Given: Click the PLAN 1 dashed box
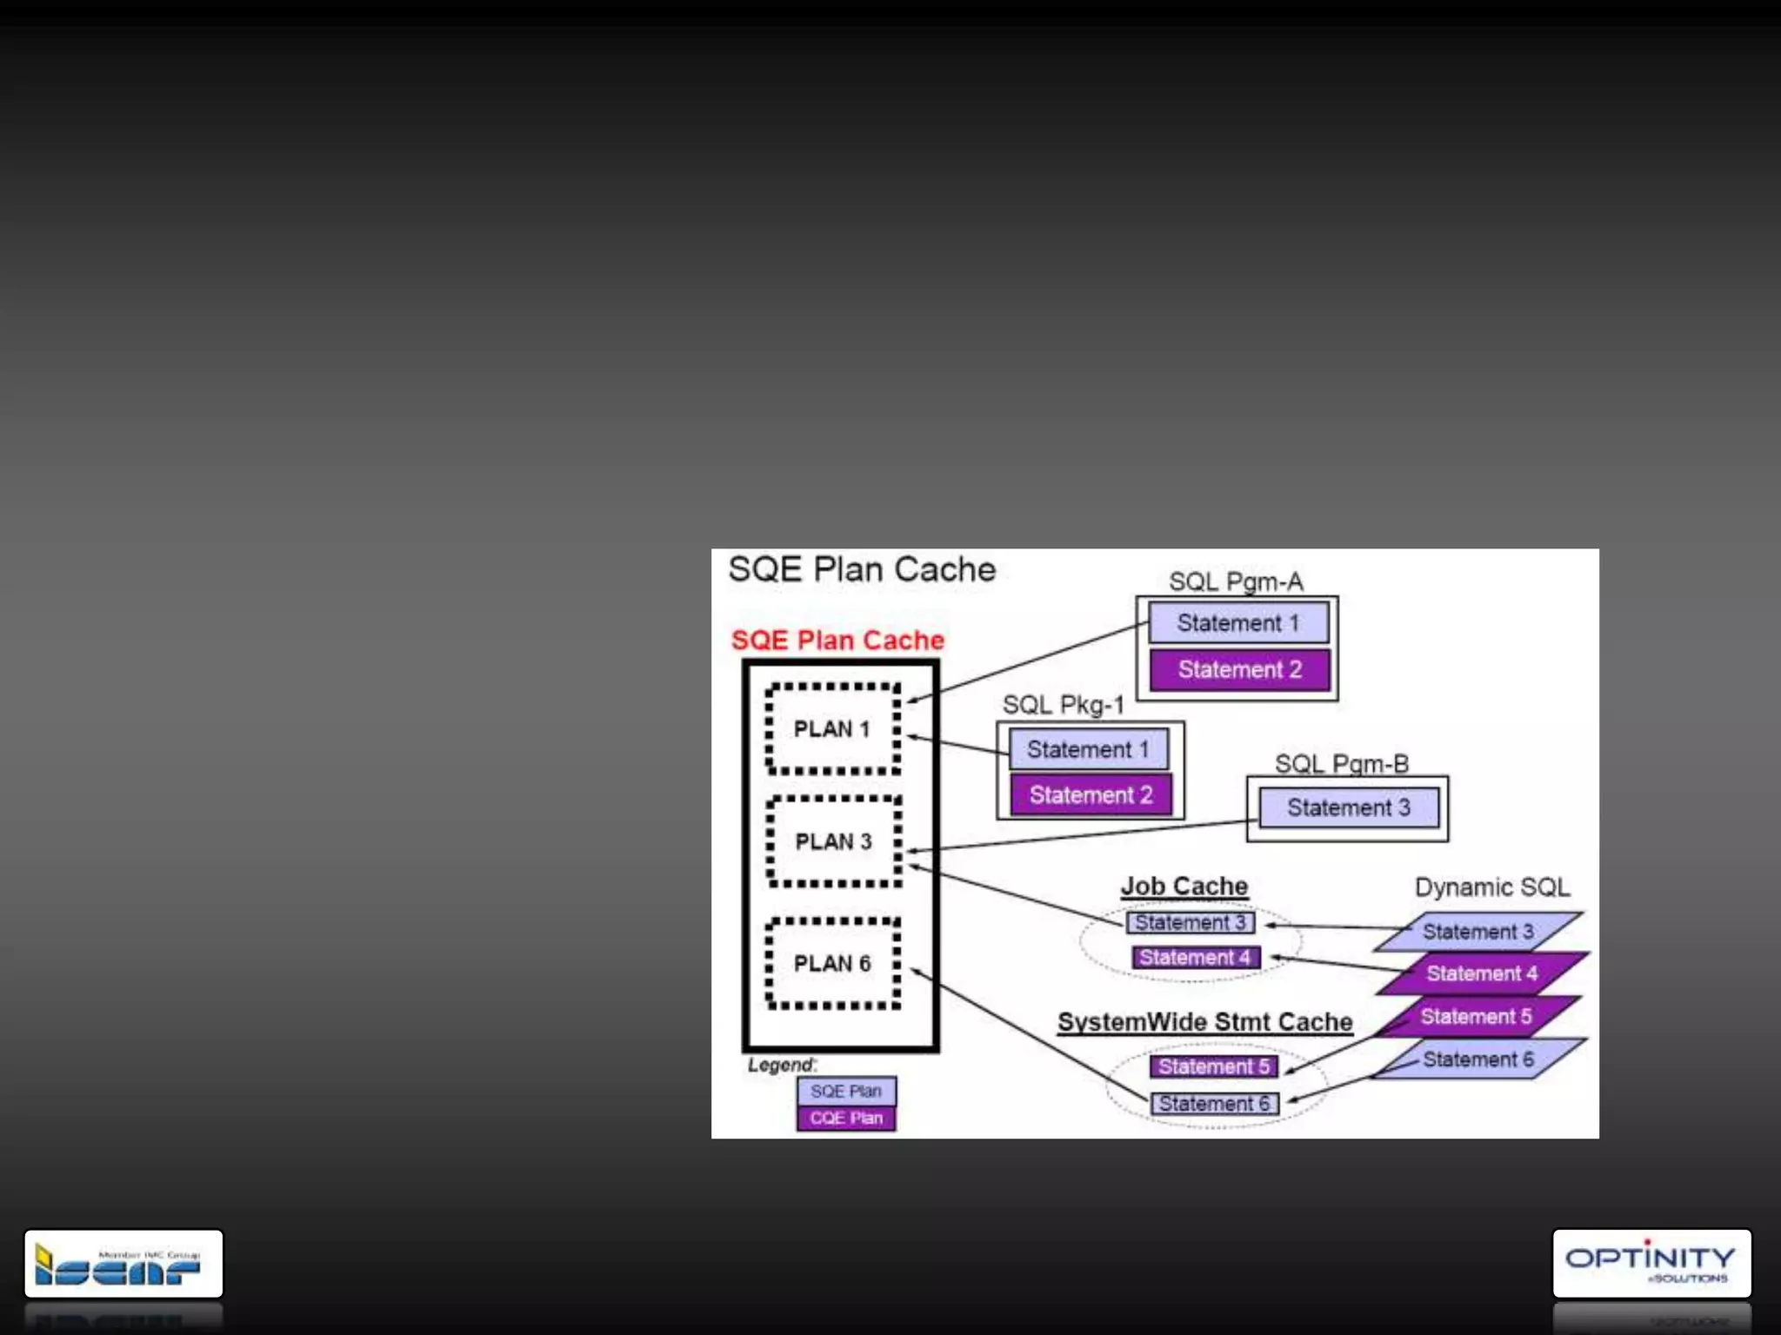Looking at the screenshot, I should (x=832, y=729).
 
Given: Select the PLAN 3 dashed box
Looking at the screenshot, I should (x=833, y=841).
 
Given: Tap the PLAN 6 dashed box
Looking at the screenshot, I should (x=832, y=963).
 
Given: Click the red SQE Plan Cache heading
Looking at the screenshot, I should (x=837, y=641).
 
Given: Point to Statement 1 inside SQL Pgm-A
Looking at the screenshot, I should (x=1238, y=623).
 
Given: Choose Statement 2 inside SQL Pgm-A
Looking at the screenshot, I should (x=1239, y=669).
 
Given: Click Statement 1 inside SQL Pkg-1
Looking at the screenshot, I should (x=1088, y=749).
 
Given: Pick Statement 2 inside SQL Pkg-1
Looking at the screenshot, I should (x=1091, y=794).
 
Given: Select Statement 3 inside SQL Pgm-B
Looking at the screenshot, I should (x=1348, y=807).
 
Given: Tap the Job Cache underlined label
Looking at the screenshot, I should (x=1184, y=887).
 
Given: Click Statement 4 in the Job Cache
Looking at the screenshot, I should (x=1195, y=957).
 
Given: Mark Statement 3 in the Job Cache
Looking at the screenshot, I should (x=1190, y=922).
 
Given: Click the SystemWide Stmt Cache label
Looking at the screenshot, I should (x=1204, y=1022).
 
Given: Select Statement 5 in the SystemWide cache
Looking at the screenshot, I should (x=1213, y=1066).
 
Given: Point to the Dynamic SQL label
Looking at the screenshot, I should (x=1491, y=887).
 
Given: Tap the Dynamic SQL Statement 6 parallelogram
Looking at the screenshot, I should (x=1477, y=1059).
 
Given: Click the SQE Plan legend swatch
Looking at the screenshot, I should (x=846, y=1091).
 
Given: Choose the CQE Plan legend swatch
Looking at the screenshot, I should (x=846, y=1118).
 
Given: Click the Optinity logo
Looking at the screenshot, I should (x=1651, y=1263).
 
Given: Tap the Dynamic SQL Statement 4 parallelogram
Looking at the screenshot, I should (x=1482, y=973).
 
